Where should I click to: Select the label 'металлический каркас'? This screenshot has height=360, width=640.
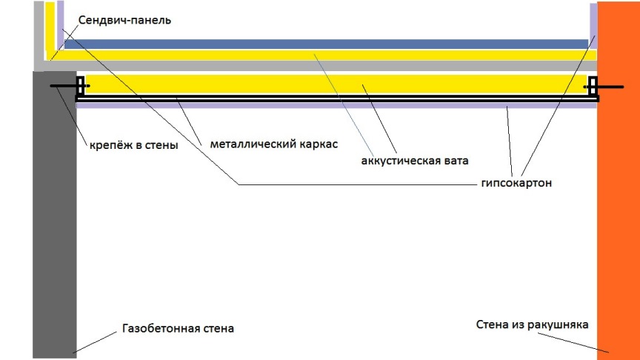(x=273, y=144)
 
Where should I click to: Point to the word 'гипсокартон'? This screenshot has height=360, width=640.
(x=516, y=182)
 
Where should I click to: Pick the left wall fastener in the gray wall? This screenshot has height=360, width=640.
(x=64, y=86)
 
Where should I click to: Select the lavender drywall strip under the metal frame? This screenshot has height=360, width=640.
(x=333, y=104)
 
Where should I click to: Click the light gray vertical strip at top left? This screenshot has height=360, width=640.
(x=39, y=30)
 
